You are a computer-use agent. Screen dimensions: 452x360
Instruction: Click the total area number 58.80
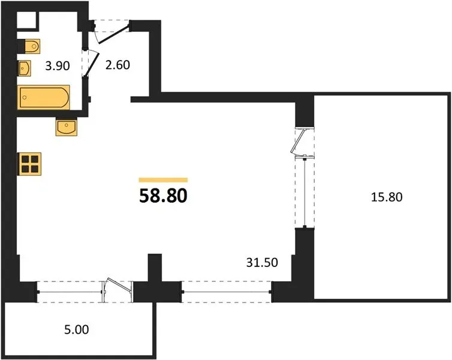(x=163, y=196)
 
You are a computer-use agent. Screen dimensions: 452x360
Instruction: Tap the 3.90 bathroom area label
(x=58, y=66)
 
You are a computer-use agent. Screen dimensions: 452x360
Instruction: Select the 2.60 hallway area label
(x=117, y=65)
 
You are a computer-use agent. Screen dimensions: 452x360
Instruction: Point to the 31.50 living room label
(x=262, y=263)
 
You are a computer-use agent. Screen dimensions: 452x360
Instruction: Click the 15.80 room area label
(x=387, y=197)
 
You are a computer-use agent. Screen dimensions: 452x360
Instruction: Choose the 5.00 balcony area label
(x=76, y=329)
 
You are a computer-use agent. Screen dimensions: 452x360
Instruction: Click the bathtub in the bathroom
(x=44, y=97)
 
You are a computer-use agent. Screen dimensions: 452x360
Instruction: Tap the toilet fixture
(x=29, y=46)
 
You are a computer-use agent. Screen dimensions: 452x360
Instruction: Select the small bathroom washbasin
(x=24, y=68)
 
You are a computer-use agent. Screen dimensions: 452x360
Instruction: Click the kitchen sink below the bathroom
(x=67, y=127)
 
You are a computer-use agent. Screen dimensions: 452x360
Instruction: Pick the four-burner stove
(x=30, y=164)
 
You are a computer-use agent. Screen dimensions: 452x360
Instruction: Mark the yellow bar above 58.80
(x=163, y=180)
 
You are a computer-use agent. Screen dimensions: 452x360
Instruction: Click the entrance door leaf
(x=113, y=35)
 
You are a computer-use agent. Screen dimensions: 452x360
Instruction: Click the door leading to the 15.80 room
(x=297, y=142)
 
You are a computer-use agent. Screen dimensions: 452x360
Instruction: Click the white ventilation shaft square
(x=26, y=20)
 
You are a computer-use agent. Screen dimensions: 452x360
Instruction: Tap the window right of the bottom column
(x=226, y=292)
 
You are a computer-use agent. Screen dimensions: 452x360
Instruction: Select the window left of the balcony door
(x=70, y=292)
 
